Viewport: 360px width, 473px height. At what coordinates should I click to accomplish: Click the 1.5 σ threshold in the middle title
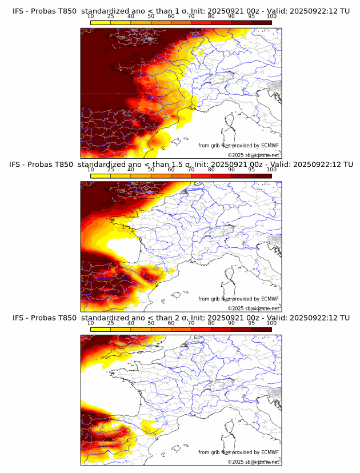click(x=181, y=165)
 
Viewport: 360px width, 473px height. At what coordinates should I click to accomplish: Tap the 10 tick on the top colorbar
click(x=90, y=17)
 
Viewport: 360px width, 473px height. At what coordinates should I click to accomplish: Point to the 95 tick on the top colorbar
click(x=251, y=17)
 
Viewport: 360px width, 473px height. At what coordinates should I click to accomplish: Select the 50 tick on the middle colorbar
click(x=151, y=170)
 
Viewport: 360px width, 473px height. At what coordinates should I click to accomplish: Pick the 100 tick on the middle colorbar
click(x=271, y=170)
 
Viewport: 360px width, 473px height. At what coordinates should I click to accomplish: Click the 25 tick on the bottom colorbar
click(x=110, y=323)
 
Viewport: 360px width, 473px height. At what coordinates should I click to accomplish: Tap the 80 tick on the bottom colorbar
click(x=211, y=323)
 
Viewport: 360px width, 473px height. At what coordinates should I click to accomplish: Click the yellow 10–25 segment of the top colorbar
click(x=101, y=22)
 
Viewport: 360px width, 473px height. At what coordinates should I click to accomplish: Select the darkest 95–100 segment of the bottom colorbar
click(x=261, y=329)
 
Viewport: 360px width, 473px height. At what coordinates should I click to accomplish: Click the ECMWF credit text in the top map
click(x=238, y=146)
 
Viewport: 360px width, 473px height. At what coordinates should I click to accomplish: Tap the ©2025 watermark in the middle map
click(x=253, y=308)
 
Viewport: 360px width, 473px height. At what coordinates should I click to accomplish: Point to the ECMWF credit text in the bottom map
click(x=238, y=452)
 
